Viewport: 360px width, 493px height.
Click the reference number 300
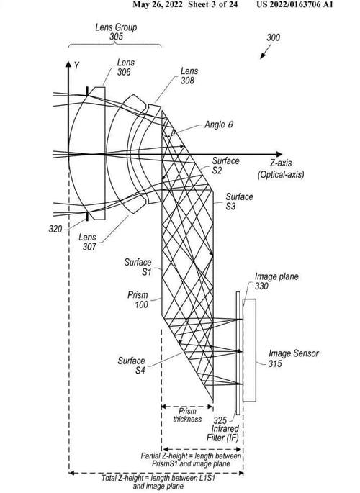pos(273,37)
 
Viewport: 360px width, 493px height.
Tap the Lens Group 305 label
pos(116,32)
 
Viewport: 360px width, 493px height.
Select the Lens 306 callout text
pos(125,67)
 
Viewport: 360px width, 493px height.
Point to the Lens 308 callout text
pos(189,76)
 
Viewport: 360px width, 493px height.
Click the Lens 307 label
pos(88,242)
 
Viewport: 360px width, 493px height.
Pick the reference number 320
pos(55,229)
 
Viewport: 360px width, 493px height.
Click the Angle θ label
pos(219,125)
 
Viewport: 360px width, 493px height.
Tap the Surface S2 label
pos(225,166)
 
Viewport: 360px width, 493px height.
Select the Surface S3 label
pos(239,202)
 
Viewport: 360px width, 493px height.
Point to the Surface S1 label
pos(138,266)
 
